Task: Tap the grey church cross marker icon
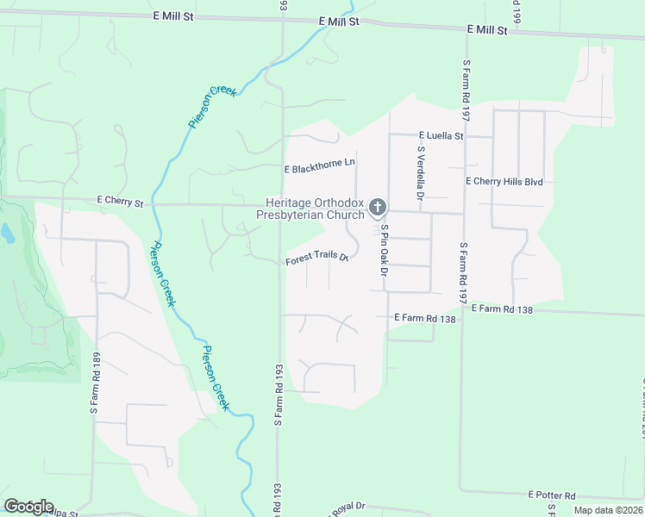(x=377, y=207)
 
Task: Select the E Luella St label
(x=441, y=136)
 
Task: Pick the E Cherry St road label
(x=120, y=201)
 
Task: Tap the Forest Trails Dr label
(x=317, y=258)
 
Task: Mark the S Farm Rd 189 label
(x=96, y=383)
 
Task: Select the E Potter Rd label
(x=551, y=496)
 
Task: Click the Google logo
(x=28, y=507)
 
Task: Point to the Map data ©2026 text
(x=607, y=510)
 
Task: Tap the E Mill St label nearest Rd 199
(x=487, y=29)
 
